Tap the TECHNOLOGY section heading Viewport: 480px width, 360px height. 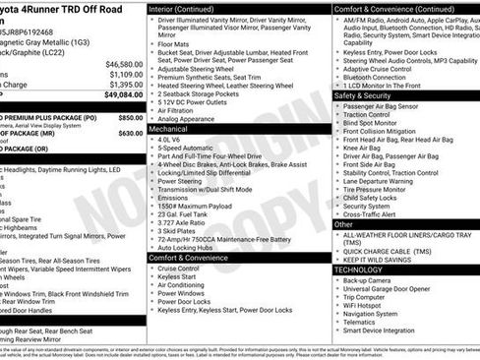click(x=358, y=269)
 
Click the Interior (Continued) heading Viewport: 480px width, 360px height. click(x=189, y=8)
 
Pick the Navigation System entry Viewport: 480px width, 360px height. click(x=378, y=313)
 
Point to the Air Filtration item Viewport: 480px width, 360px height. click(x=183, y=110)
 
